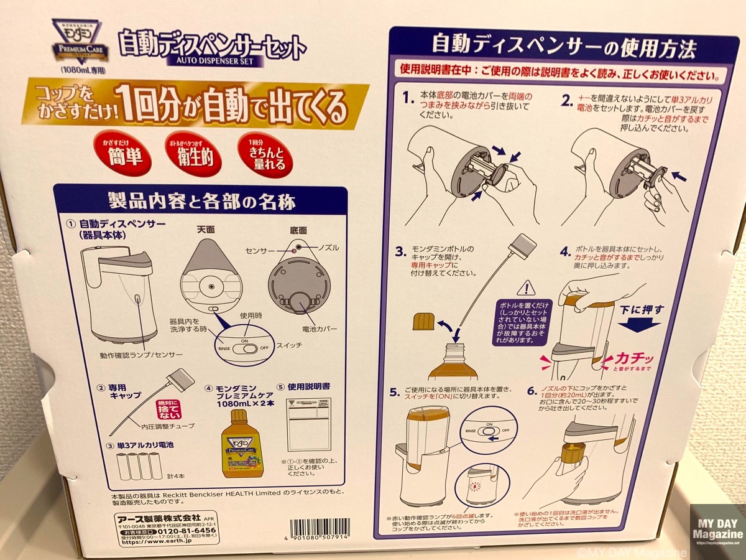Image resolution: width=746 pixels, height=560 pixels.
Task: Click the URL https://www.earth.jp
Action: (x=150, y=541)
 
